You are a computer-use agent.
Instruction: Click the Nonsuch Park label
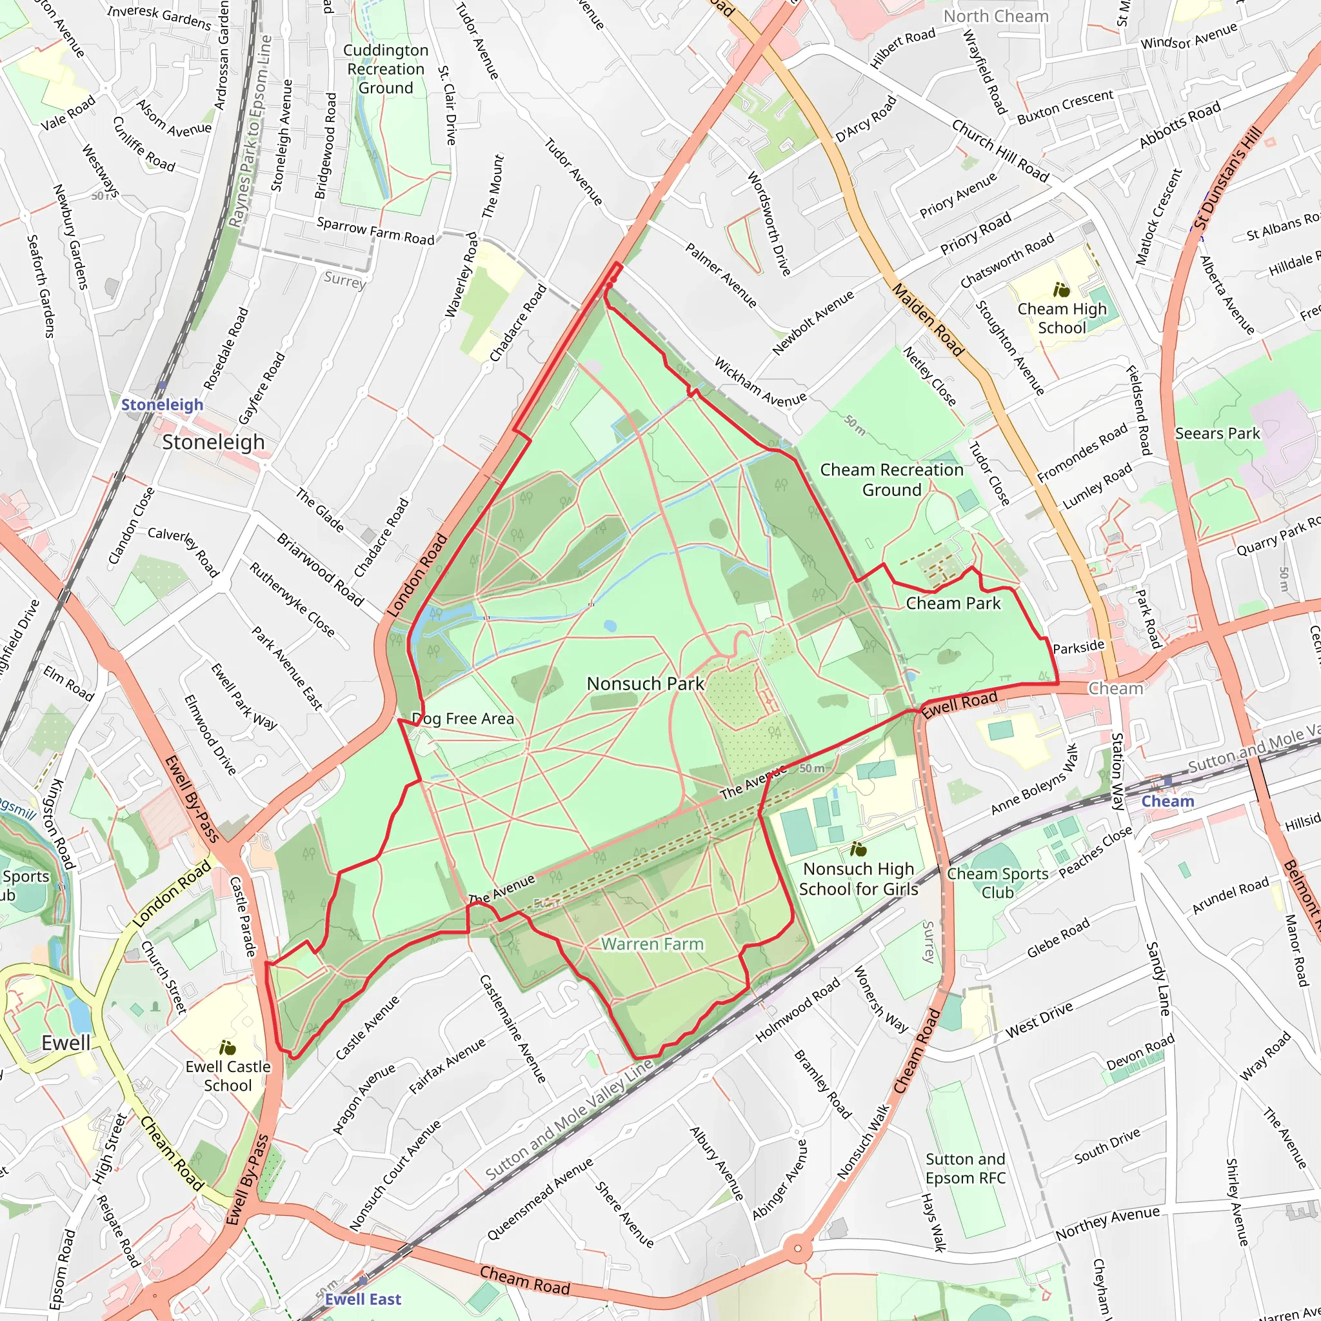pyautogui.click(x=645, y=684)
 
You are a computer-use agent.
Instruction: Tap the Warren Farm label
pyautogui.click(x=651, y=944)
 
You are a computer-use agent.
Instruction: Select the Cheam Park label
pyautogui.click(x=953, y=603)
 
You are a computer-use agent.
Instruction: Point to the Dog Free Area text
pyautogui.click(x=462, y=719)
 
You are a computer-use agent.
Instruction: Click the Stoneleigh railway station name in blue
pyautogui.click(x=162, y=405)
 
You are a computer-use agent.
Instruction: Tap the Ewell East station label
pyautogui.click(x=363, y=1299)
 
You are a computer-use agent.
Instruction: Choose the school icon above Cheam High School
pyautogui.click(x=1061, y=291)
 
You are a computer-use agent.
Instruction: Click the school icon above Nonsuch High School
pyautogui.click(x=858, y=850)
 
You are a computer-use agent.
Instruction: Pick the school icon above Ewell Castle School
pyautogui.click(x=228, y=1048)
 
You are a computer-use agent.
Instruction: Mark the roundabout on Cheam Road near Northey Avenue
pyautogui.click(x=797, y=1249)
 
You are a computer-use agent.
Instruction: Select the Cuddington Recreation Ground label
pyautogui.click(x=386, y=69)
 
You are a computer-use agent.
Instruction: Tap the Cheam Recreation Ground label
pyautogui.click(x=891, y=479)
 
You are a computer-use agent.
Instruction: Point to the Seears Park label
pyautogui.click(x=1217, y=433)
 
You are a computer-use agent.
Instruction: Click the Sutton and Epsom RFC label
pyautogui.click(x=965, y=1169)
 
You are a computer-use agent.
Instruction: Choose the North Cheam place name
pyautogui.click(x=995, y=16)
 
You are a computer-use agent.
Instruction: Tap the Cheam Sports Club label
pyautogui.click(x=997, y=883)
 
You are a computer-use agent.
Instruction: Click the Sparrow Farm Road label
pyautogui.click(x=375, y=231)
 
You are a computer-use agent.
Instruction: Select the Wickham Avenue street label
pyautogui.click(x=760, y=382)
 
